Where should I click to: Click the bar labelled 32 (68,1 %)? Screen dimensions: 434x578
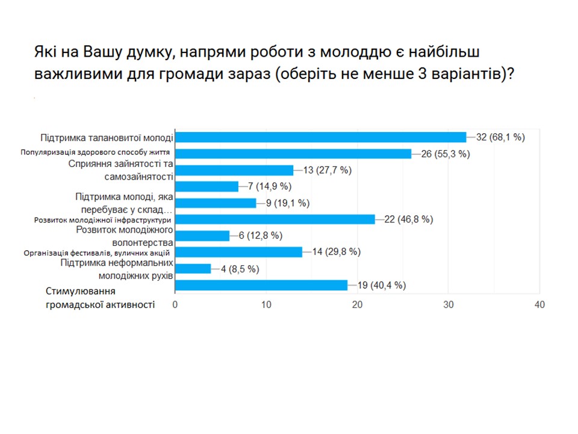pyautogui.click(x=320, y=137)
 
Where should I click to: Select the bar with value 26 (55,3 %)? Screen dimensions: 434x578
pyautogui.click(x=293, y=154)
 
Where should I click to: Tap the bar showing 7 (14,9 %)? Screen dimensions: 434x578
pyautogui.click(x=207, y=186)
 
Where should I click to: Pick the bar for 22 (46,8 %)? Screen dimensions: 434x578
pyautogui.click(x=275, y=219)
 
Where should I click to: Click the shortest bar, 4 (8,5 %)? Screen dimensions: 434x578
pyautogui.click(x=193, y=269)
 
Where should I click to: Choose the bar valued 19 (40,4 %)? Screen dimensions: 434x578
pyautogui.click(x=261, y=285)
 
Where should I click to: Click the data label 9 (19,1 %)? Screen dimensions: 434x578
pyautogui.click(x=288, y=203)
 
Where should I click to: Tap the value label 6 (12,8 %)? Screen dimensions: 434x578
pyautogui.click(x=260, y=236)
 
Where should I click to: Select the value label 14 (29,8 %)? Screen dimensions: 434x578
pyautogui.click(x=336, y=252)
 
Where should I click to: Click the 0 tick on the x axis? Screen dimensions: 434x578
pyautogui.click(x=175, y=305)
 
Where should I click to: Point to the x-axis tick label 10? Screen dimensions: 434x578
pyautogui.click(x=266, y=305)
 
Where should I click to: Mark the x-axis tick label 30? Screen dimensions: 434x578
pyautogui.click(x=449, y=305)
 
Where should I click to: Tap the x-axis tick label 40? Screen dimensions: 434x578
pyautogui.click(x=539, y=305)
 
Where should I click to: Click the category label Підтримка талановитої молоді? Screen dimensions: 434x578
pyautogui.click(x=107, y=137)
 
